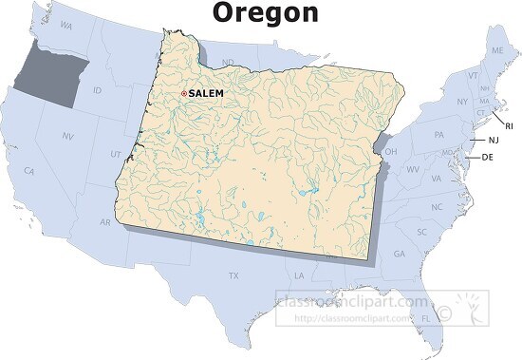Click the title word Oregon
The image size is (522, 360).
point(265,12)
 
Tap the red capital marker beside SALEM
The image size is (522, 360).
point(183,93)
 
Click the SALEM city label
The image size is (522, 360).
point(206,93)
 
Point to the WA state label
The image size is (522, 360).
point(65,25)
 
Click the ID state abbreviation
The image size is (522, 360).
point(97,90)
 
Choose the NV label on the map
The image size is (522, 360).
point(67,137)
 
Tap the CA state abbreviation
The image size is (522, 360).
point(29,171)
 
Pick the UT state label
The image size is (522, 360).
point(116,154)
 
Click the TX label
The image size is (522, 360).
point(233,275)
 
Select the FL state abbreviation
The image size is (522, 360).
point(425,318)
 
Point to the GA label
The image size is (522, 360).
point(399,254)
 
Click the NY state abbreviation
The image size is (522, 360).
point(462,102)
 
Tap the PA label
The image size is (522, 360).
point(439,134)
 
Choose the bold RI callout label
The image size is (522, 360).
point(509,125)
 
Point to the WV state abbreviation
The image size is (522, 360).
point(413,169)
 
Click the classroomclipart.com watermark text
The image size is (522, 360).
point(351,301)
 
